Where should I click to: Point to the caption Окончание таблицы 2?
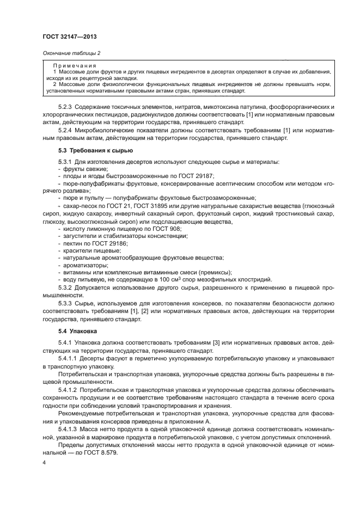tap(71, 53)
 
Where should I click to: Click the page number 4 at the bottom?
tap(44, 462)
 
